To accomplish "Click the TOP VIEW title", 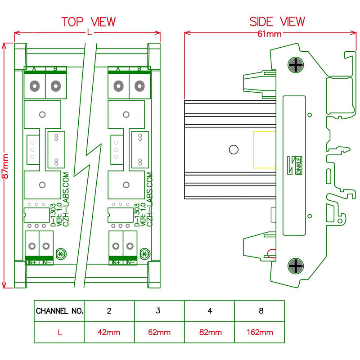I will click(x=89, y=22).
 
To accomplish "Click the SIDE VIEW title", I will click(x=277, y=22).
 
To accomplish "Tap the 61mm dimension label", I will click(x=269, y=34).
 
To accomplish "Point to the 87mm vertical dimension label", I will click(x=6, y=167).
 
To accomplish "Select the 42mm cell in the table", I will click(x=109, y=333).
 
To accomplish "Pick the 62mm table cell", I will click(x=159, y=333).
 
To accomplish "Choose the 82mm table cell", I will click(x=209, y=333).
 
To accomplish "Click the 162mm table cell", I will click(x=260, y=333).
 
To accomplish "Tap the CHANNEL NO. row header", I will click(x=59, y=311).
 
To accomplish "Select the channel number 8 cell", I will click(x=260, y=311).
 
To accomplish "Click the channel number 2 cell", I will click(x=109, y=311).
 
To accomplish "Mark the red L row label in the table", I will click(x=59, y=333).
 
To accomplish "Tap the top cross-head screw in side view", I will click(x=296, y=66).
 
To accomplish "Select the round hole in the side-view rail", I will click(x=233, y=150).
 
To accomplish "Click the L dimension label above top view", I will click(x=89, y=33).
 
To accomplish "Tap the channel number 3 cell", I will click(x=159, y=311).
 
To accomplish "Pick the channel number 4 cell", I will click(x=209, y=311).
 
